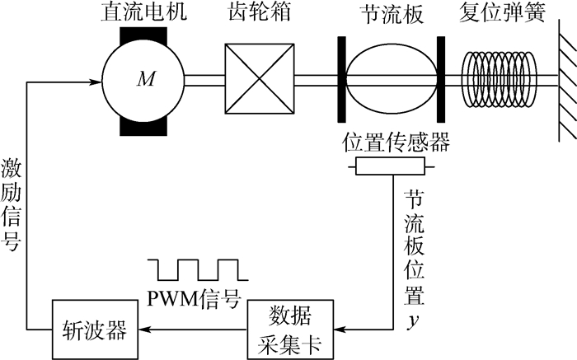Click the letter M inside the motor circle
(x=146, y=80)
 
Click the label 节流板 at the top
(x=391, y=13)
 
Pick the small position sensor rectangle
(x=391, y=167)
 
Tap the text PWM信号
(x=195, y=296)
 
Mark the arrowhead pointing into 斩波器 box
(x=143, y=330)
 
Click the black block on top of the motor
(x=143, y=35)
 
